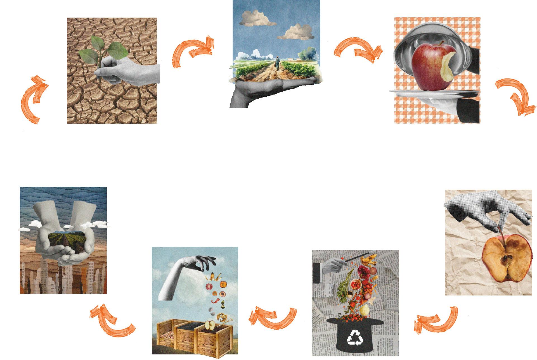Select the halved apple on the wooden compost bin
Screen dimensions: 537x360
click(210, 325)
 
